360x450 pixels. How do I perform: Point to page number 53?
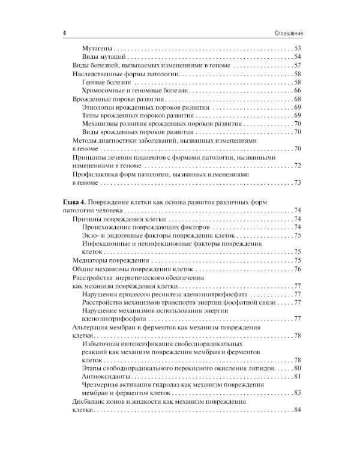(297, 48)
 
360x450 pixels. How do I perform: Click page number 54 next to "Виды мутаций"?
(297, 56)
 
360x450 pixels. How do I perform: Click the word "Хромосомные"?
(106, 90)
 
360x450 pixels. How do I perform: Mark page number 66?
(297, 90)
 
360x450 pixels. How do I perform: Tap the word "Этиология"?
(98, 107)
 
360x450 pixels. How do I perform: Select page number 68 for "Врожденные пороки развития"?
(297, 98)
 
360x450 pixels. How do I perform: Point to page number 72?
(297, 166)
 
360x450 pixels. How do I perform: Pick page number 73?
(297, 182)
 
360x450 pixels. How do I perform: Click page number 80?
(297, 367)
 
